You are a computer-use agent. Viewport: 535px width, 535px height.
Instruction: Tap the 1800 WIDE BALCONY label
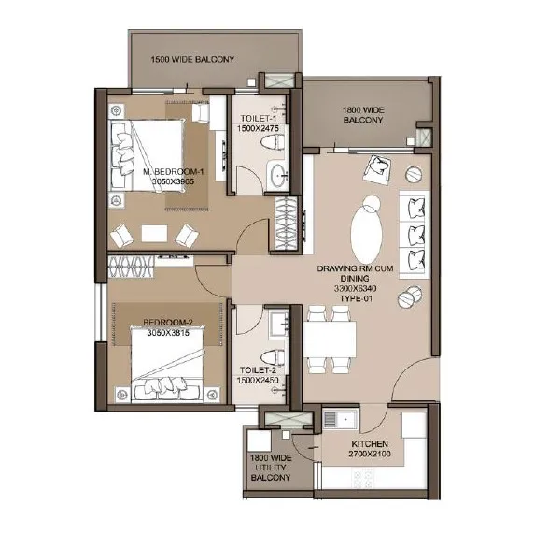click(x=365, y=115)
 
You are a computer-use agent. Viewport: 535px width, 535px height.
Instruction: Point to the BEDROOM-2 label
click(x=166, y=327)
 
